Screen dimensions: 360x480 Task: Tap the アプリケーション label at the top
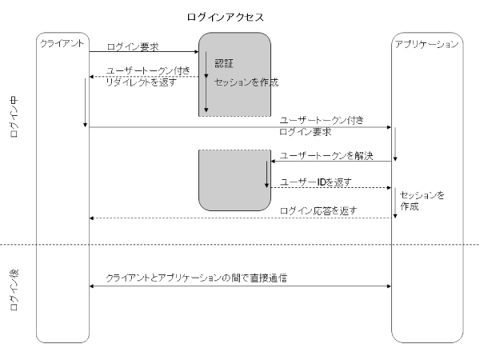427,42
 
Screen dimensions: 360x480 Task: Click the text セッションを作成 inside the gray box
241,82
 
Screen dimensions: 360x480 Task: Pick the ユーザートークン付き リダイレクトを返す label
140,76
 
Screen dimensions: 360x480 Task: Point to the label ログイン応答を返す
318,210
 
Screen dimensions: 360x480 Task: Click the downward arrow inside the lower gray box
266,173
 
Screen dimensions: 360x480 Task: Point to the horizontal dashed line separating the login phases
240,244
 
